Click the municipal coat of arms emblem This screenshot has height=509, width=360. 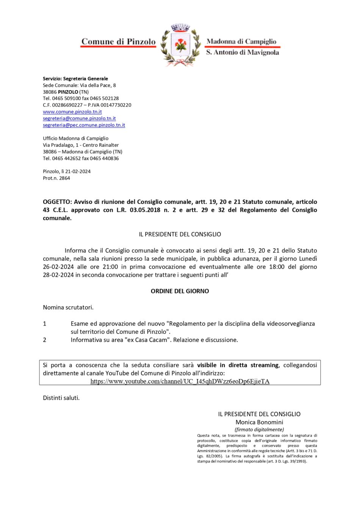[x=180, y=45]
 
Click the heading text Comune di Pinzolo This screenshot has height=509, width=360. [x=118, y=42]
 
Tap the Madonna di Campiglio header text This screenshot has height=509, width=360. [x=241, y=41]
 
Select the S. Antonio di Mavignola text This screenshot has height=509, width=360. [x=243, y=52]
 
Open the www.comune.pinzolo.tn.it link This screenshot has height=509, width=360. [x=72, y=112]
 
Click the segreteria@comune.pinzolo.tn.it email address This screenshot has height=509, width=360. [x=79, y=118]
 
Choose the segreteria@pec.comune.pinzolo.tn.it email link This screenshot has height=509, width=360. [x=84, y=125]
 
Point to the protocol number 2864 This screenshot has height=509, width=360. [x=64, y=178]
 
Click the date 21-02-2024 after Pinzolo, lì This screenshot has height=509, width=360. [x=78, y=171]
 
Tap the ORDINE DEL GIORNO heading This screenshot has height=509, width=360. [x=180, y=291]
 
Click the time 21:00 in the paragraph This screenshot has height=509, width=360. [x=110, y=267]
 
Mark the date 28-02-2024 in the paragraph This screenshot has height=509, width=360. [x=58, y=275]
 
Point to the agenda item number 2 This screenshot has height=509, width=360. [x=45, y=340]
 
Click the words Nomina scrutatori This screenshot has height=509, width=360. [x=68, y=307]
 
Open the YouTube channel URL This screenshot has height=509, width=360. [x=180, y=381]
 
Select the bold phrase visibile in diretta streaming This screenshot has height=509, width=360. [x=238, y=365]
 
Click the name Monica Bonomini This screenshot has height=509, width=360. [x=259, y=422]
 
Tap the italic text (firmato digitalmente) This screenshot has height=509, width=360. [x=259, y=429]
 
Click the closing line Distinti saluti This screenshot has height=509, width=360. [x=61, y=398]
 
